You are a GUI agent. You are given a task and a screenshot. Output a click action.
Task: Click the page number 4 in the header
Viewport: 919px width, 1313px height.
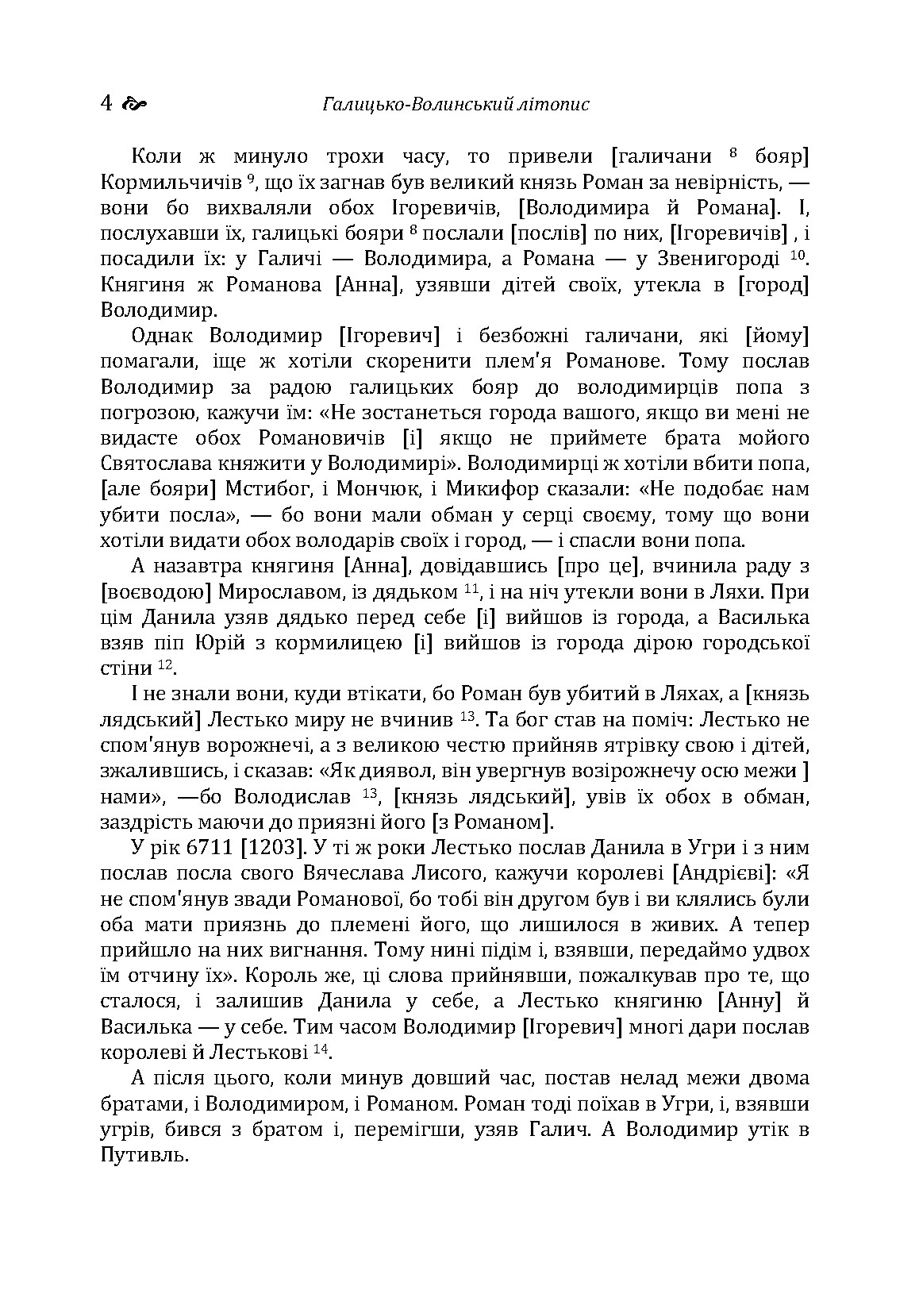click(107, 104)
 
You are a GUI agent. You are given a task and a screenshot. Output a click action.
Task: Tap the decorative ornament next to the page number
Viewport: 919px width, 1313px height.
click(137, 104)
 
